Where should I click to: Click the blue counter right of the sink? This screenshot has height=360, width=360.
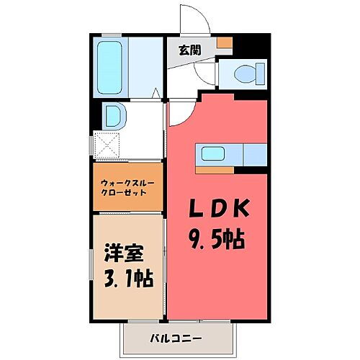(255, 154)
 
